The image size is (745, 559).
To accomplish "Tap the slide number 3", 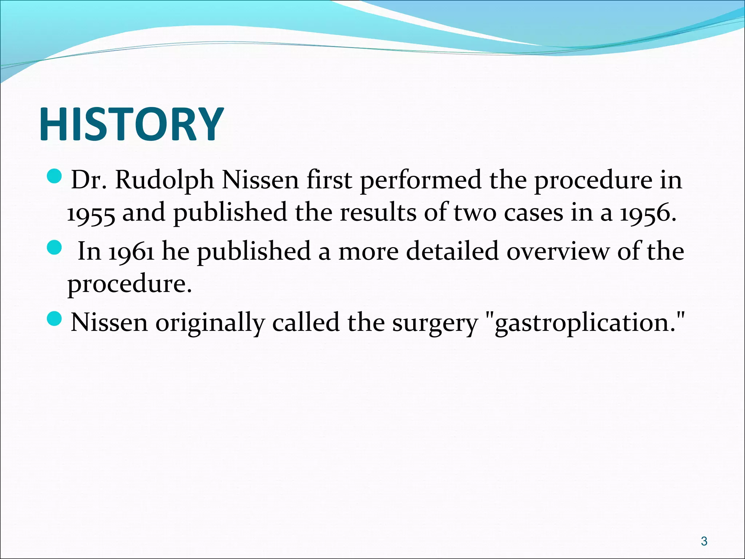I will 704,541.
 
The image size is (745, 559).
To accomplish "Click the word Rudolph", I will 164,181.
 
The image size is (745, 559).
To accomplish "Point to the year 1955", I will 91,213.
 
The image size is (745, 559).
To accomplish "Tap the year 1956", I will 648,213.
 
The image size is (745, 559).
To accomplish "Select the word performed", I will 421,181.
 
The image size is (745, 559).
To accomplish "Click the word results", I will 378,213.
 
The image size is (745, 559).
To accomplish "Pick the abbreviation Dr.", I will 88,181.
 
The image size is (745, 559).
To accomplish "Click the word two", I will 475,213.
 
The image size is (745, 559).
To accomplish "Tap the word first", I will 329,181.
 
